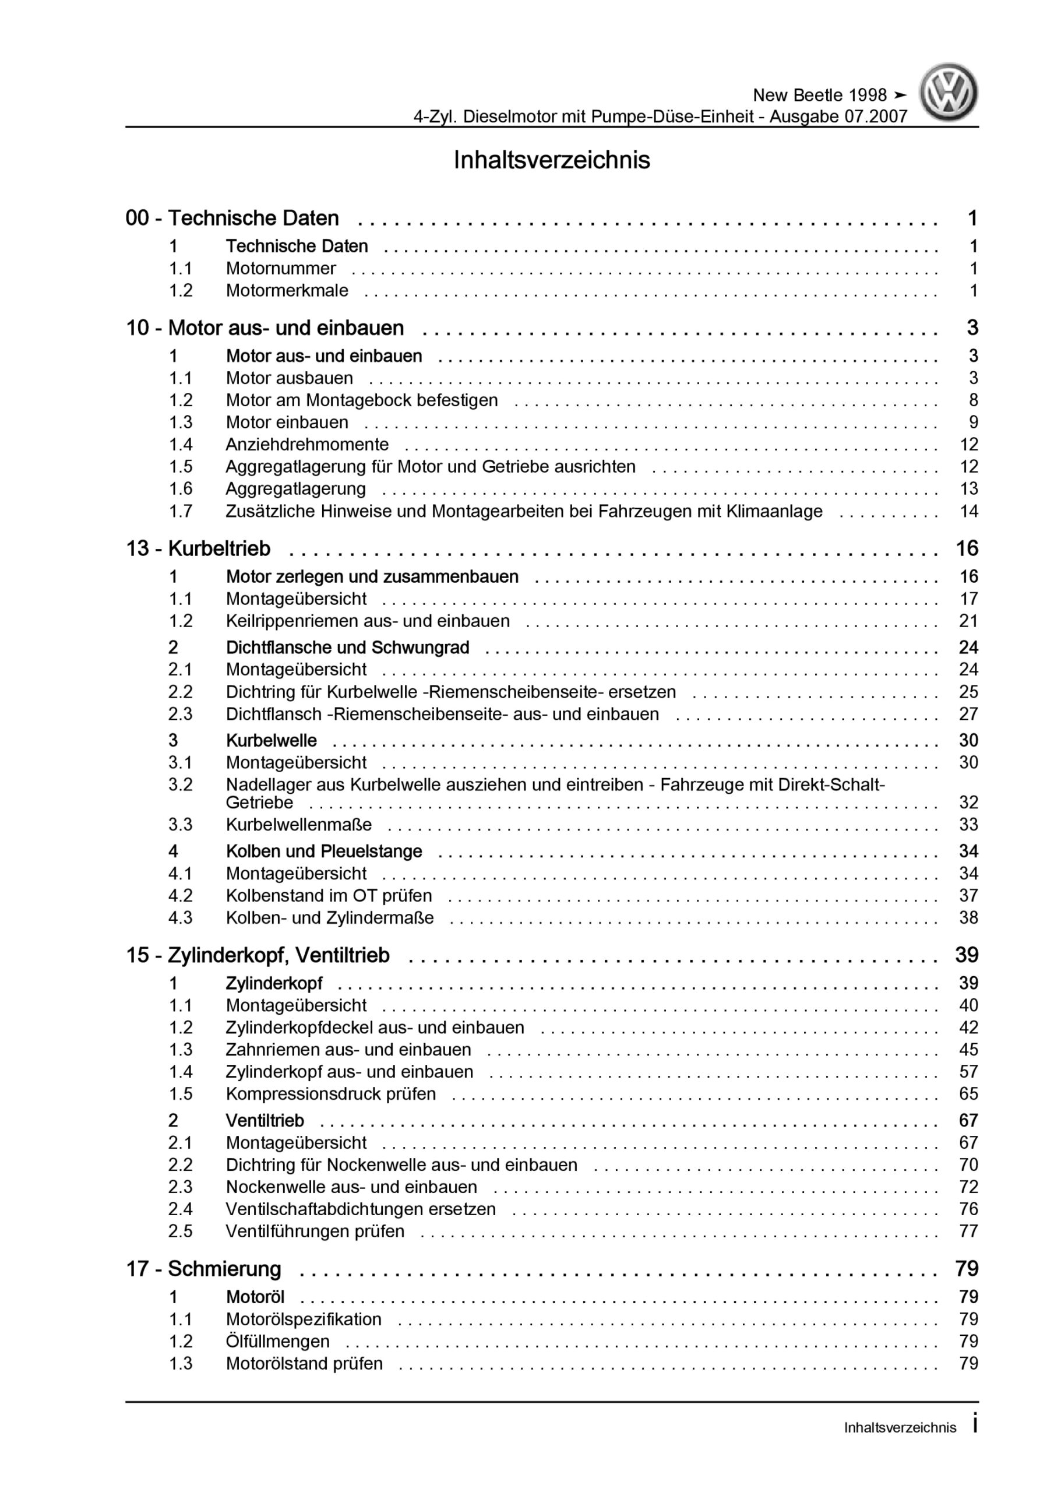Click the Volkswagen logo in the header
[948, 92]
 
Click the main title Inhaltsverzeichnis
[552, 160]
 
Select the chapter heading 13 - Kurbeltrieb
[198, 548]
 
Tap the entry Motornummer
[281, 268]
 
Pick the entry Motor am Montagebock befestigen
[362, 400]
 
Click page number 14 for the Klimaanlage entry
[968, 511]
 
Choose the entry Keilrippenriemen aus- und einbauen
[368, 621]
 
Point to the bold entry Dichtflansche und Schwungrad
[348, 648]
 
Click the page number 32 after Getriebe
[968, 803]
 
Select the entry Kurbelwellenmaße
[299, 825]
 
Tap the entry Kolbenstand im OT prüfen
[329, 896]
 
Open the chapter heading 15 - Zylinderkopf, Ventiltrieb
[258, 955]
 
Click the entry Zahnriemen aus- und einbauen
[348, 1050]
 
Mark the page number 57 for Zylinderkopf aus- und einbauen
[968, 1072]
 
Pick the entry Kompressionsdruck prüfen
[331, 1095]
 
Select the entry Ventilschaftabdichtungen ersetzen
[361, 1209]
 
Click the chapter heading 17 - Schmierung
[203, 1269]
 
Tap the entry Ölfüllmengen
[277, 1342]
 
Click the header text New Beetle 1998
[819, 96]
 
